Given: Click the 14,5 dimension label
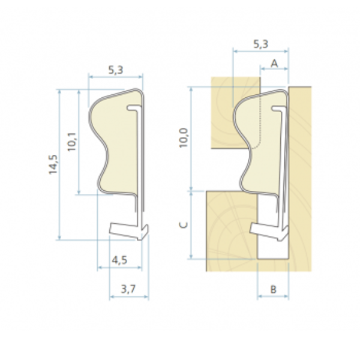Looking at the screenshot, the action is point(53,164).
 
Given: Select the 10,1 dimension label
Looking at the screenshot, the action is point(72,142).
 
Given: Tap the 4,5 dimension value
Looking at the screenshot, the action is point(119,260).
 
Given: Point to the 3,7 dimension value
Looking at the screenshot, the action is point(128,289).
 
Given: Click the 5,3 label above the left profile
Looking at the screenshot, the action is point(116,70).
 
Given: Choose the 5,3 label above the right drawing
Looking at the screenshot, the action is point(261,44).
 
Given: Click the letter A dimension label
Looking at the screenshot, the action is point(274,64).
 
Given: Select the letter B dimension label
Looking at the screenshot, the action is point(273,290).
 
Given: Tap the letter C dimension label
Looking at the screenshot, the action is point(183,225).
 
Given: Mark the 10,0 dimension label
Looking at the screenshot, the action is point(184,138).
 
